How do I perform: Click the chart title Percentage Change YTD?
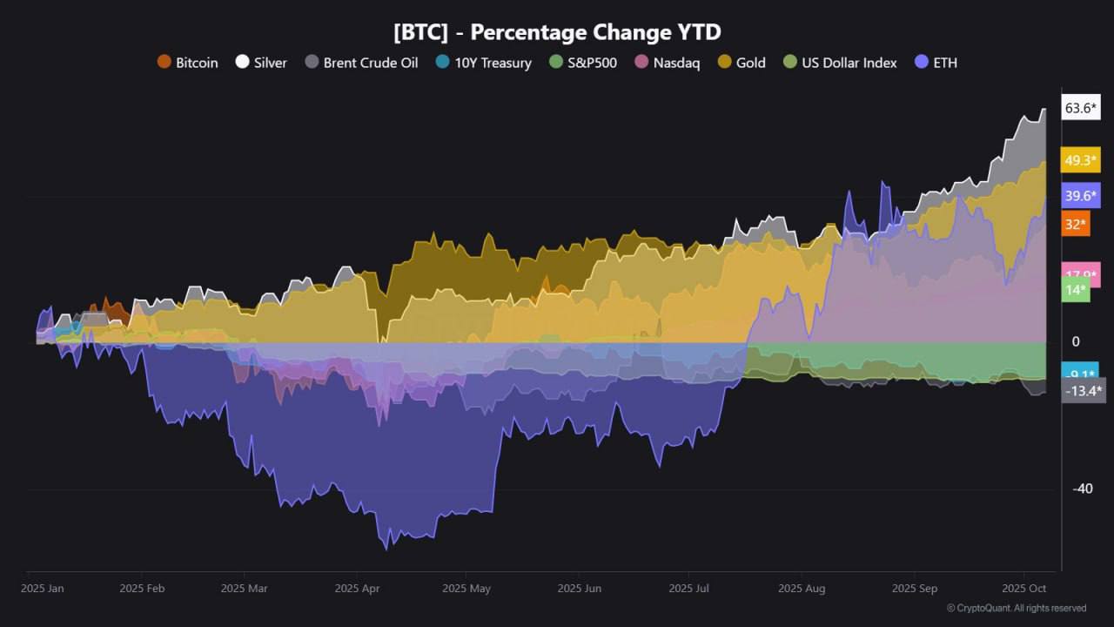point(557,32)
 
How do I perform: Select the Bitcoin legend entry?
point(187,63)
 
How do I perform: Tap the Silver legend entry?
point(261,63)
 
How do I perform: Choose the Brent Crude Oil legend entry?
point(361,63)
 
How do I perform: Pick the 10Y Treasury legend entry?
point(483,63)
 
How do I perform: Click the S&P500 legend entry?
point(583,63)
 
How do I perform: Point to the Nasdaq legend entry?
point(667,63)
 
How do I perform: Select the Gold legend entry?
point(742,63)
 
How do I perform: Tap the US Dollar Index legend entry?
point(840,63)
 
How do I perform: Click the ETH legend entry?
point(936,63)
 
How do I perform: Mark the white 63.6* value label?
point(1080,108)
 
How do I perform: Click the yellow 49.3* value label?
point(1080,160)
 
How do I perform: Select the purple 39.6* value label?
point(1080,196)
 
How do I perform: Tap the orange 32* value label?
point(1076,225)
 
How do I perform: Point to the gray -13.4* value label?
point(1084,391)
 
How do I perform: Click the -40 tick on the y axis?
point(1083,489)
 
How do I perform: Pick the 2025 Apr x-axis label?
point(357,589)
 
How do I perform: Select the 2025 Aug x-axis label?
point(802,589)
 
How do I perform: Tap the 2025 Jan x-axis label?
point(42,589)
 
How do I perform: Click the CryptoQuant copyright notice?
point(1017,608)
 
